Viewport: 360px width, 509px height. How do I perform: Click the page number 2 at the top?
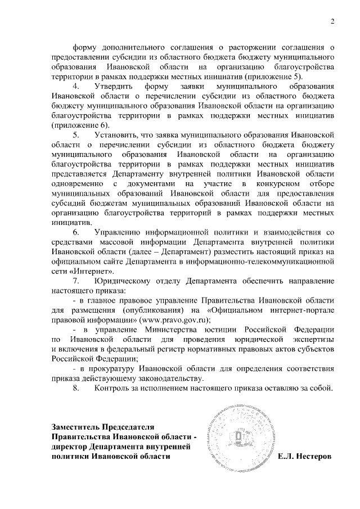tap(332, 22)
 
